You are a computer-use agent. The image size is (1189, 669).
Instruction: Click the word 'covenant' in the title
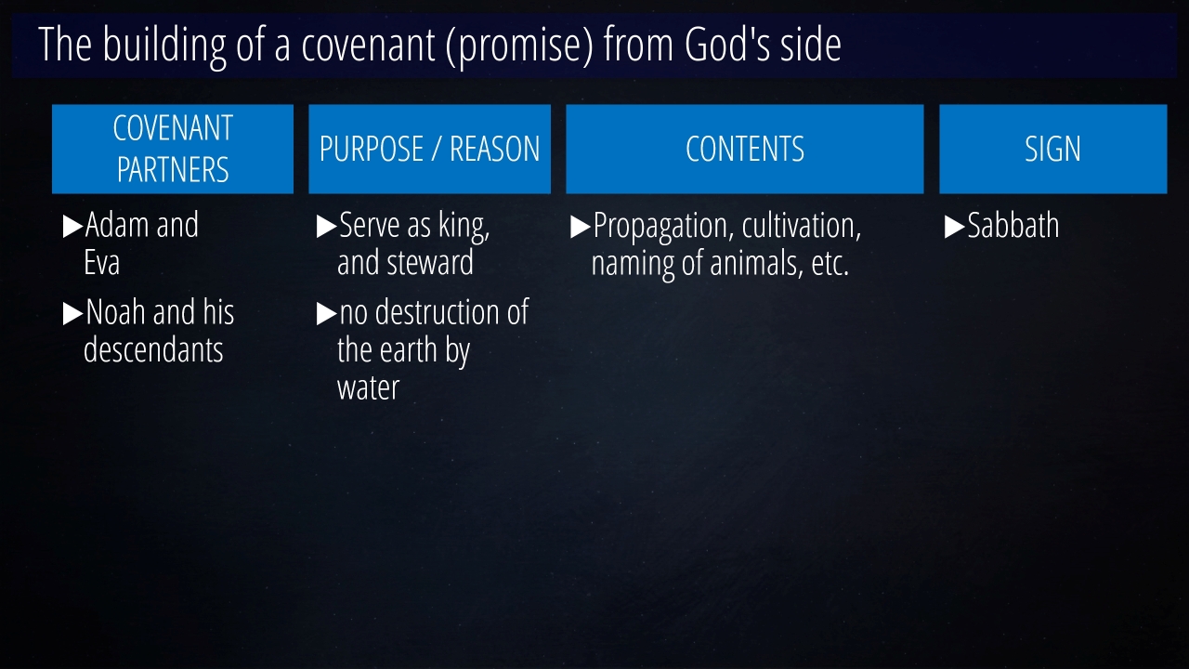[x=369, y=46]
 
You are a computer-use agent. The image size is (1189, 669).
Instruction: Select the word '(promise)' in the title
[x=519, y=46]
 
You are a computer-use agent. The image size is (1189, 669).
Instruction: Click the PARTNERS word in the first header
[x=173, y=170]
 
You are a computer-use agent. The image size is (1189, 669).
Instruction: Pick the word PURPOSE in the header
[x=371, y=149]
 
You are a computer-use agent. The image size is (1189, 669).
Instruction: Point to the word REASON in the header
[x=495, y=149]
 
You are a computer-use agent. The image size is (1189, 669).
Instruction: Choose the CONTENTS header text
[x=745, y=149]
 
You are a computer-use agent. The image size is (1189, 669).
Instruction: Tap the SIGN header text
[x=1052, y=149]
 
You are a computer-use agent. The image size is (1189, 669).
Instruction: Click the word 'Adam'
[x=117, y=225]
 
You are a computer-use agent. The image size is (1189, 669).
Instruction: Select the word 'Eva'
[x=102, y=262]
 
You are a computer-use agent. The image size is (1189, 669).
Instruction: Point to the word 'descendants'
[x=153, y=350]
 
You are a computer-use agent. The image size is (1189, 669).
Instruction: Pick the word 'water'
[x=368, y=388]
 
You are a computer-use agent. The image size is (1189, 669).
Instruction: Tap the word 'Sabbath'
[x=1013, y=225]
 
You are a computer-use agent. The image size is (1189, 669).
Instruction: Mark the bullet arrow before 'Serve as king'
[x=326, y=226]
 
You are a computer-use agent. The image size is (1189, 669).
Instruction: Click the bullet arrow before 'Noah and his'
[x=72, y=313]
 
